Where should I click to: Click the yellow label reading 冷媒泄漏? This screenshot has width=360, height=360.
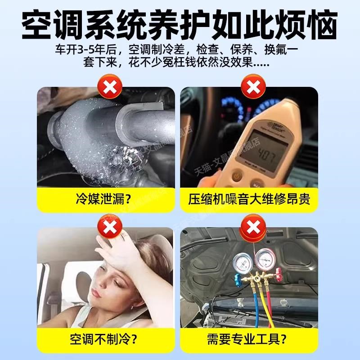(x=105, y=198)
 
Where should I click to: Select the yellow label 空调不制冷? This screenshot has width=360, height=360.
(x=105, y=338)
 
